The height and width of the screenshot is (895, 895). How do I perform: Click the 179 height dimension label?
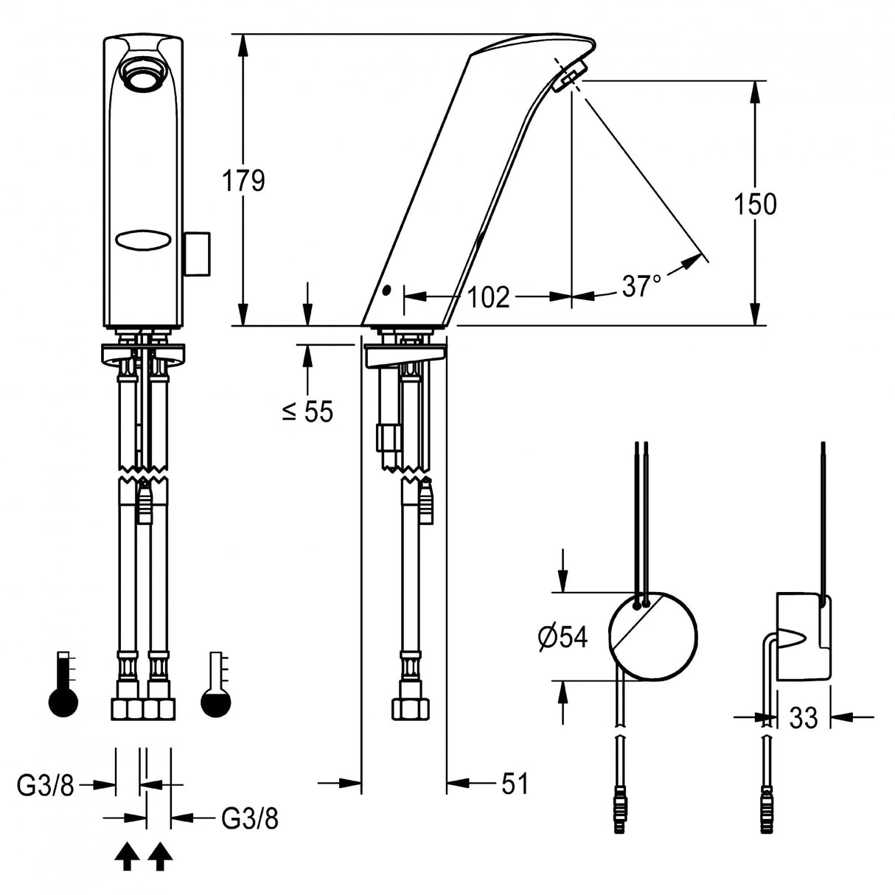tap(244, 180)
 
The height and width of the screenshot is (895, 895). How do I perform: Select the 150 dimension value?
tap(755, 203)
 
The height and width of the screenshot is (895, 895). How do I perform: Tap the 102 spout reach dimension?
tap(488, 297)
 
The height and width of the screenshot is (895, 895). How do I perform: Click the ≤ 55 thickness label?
tap(307, 412)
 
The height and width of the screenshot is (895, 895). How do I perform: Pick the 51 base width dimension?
tap(515, 784)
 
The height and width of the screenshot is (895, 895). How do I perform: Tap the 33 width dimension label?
tap(803, 717)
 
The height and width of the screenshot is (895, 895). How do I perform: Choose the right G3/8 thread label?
tap(250, 818)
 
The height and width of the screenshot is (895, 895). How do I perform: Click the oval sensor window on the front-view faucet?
tap(142, 240)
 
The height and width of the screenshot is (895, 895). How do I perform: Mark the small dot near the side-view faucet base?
tap(386, 291)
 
